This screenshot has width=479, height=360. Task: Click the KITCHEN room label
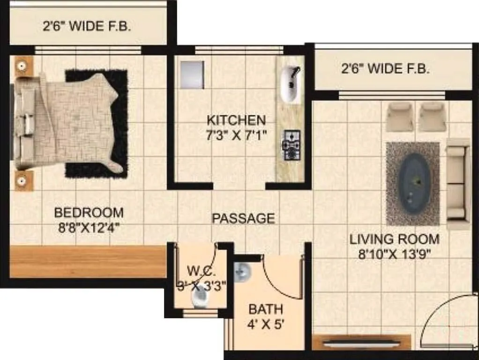point(236,120)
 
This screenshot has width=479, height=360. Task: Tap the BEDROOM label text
point(89,212)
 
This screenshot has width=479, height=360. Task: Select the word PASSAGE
point(243,218)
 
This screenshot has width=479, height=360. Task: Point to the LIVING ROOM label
point(395,239)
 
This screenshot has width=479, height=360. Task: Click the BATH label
point(266,309)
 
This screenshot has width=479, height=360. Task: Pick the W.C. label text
point(201,271)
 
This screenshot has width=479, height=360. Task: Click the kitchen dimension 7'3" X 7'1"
point(236,135)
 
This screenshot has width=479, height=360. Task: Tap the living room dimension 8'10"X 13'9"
point(395,255)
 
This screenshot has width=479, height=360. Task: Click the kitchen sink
point(291,84)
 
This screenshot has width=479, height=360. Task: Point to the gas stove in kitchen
point(291,144)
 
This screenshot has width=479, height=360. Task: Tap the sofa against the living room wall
point(458,184)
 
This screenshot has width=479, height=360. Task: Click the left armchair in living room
point(400,117)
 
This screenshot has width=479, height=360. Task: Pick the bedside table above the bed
point(21,66)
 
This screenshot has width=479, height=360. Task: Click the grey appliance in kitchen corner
point(191,75)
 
